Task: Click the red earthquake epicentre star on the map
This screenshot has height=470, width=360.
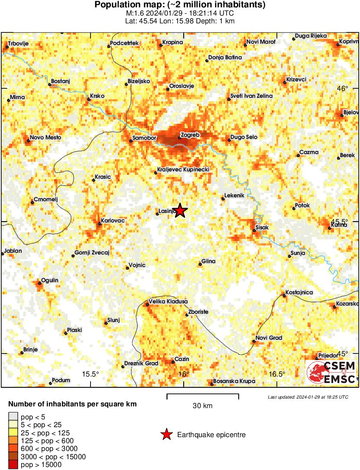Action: [180, 211]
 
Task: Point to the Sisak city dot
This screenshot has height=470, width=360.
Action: [255, 231]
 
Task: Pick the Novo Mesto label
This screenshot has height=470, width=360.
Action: [45, 138]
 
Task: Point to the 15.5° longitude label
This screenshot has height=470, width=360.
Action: [91, 374]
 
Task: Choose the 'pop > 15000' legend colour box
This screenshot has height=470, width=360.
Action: [13, 465]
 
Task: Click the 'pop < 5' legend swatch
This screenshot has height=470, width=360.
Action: [13, 417]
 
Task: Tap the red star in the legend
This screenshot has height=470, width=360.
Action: [166, 435]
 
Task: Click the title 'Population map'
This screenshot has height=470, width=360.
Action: [130, 5]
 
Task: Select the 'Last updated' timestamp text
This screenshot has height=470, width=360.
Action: [308, 397]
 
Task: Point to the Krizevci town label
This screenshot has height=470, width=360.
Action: [296, 80]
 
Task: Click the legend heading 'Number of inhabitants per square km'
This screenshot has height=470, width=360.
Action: [73, 404]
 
